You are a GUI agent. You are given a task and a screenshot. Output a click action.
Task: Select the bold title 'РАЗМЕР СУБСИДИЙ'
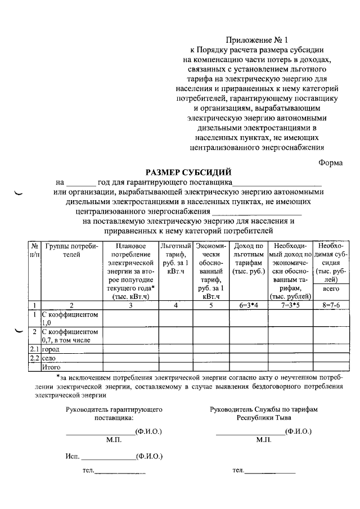[188, 172]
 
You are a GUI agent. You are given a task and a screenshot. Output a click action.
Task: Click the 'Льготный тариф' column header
[176, 258]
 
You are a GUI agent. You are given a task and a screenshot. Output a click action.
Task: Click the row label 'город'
[51, 349]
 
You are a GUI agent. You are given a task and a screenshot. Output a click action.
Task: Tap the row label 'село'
[49, 358]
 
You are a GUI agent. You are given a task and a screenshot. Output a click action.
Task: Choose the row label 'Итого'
[51, 367]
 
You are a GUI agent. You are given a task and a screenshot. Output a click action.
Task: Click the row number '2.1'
[34, 349]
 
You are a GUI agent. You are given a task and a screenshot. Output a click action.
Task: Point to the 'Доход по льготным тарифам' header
[247, 258]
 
